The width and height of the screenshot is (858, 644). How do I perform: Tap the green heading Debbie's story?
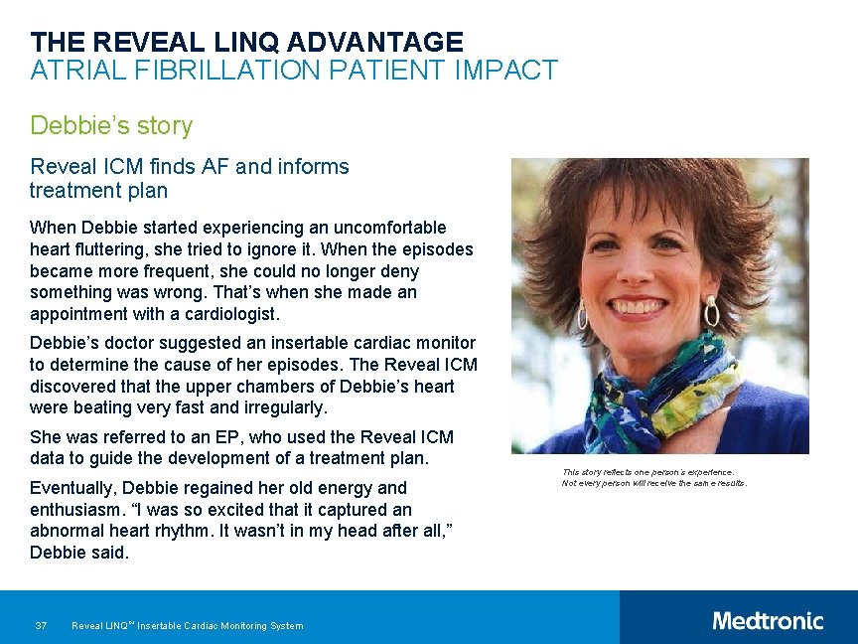point(111,126)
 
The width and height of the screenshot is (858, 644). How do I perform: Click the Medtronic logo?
point(768,621)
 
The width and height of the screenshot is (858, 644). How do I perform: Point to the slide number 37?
point(41,625)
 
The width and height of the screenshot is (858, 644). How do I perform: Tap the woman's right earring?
point(711,313)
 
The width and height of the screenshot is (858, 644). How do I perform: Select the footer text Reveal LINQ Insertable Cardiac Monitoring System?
point(188,625)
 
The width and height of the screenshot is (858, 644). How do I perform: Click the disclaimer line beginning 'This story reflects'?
point(647,472)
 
